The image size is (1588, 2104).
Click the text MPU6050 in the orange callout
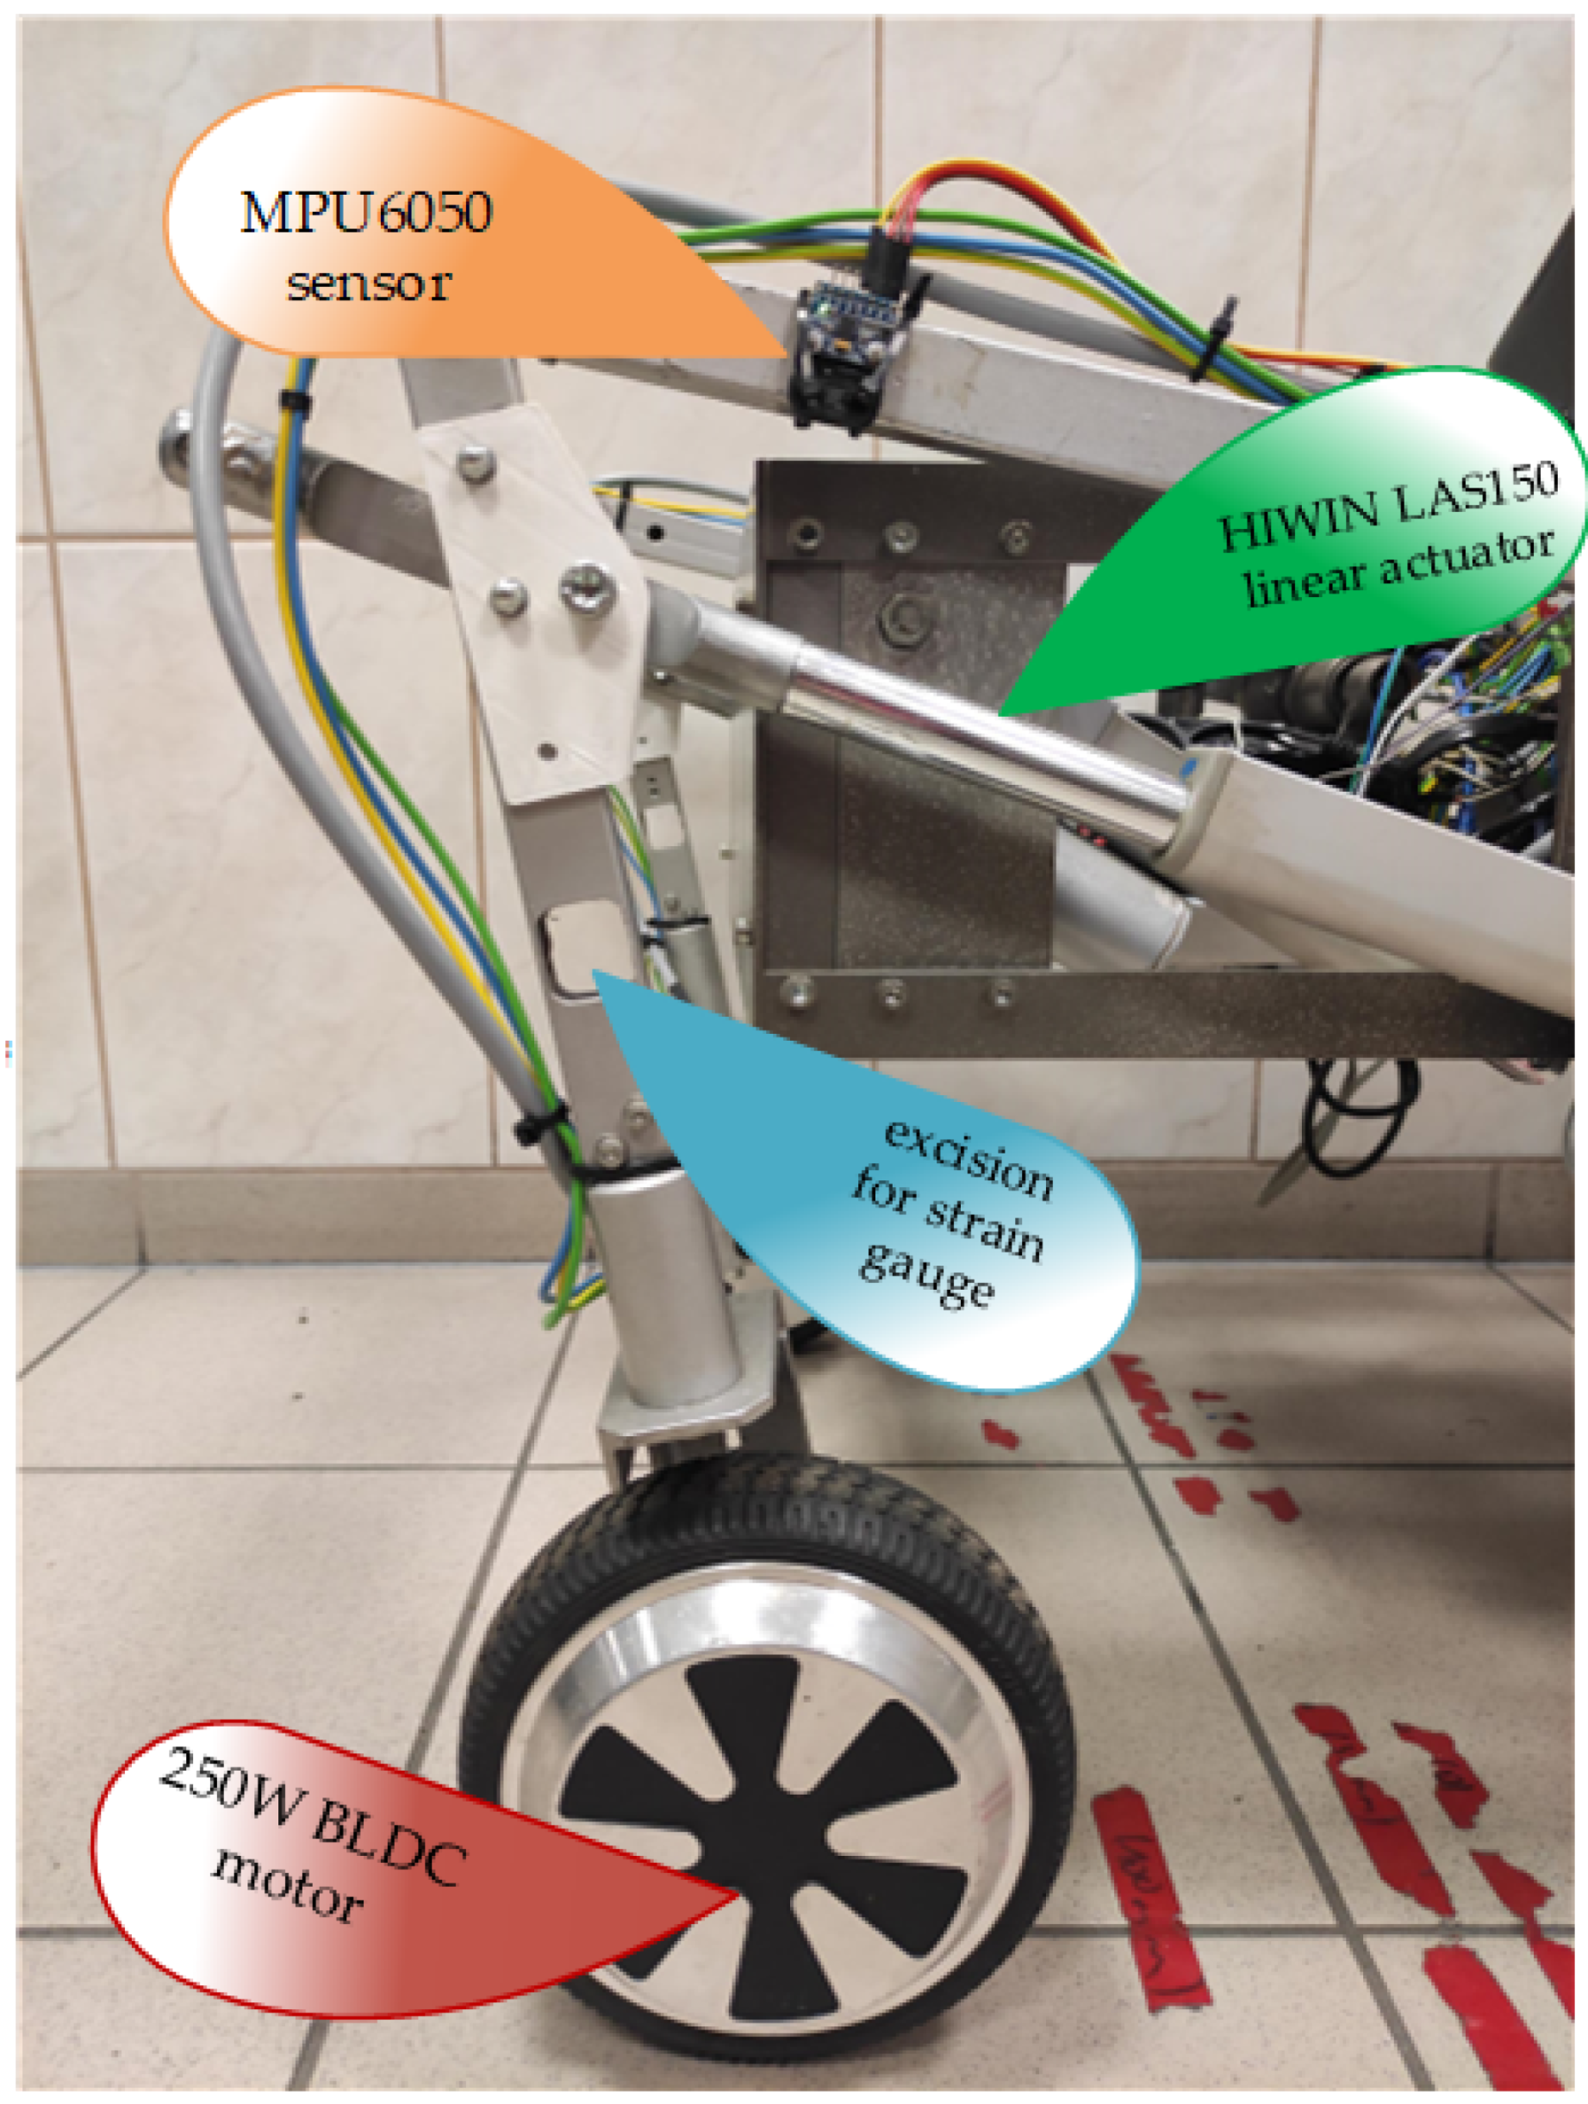pos(366,213)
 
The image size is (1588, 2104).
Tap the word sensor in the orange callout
pos(369,284)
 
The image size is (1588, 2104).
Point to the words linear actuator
pos(1398,570)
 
